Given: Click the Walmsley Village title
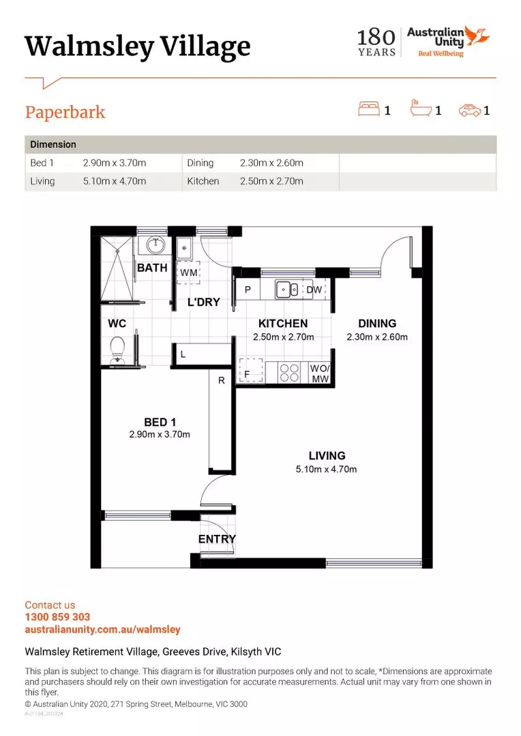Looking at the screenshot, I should click(x=137, y=46).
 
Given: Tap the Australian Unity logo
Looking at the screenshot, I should click(x=447, y=41).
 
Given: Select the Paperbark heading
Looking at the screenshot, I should click(x=65, y=112).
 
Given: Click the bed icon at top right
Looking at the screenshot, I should click(x=368, y=109).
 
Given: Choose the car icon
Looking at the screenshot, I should click(x=469, y=109).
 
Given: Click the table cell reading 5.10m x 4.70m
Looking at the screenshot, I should click(x=115, y=181).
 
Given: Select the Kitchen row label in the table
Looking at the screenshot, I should click(x=203, y=181).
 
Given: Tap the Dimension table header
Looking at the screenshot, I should click(x=53, y=144).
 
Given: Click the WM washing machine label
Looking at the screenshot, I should click(x=188, y=273).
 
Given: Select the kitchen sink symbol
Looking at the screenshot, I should click(x=287, y=290).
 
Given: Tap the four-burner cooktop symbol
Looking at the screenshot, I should click(x=290, y=372).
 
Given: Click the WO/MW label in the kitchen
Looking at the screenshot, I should click(x=320, y=373).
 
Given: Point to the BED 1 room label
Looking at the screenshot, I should click(x=160, y=423).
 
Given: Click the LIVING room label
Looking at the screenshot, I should click(x=327, y=455).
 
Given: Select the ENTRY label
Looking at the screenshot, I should click(x=217, y=539).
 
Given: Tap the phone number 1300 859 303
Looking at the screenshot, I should click(x=57, y=617).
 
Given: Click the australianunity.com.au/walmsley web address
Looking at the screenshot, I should click(x=102, y=630).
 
